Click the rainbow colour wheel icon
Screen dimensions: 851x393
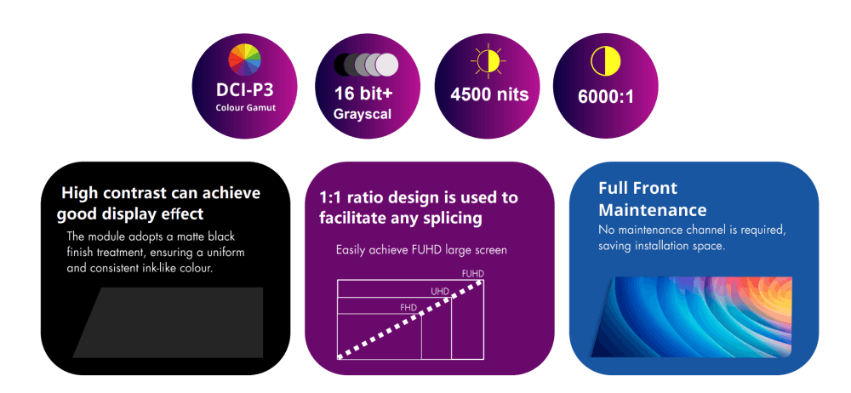(x=244, y=60)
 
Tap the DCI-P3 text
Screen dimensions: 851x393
(x=244, y=89)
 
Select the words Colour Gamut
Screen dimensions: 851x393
(x=245, y=107)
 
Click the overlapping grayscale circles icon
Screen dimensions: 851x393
(x=366, y=64)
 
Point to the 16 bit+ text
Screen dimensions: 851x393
(x=363, y=93)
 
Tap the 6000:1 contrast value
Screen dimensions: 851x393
(x=605, y=96)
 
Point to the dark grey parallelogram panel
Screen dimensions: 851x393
(x=168, y=322)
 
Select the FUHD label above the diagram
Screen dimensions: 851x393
(x=472, y=274)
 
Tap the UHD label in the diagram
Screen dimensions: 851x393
(x=440, y=292)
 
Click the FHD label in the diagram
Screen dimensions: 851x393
(x=408, y=308)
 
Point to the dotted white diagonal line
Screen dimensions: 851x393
(x=410, y=319)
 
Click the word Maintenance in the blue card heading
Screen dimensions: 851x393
(x=653, y=210)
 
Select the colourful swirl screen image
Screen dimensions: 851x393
(x=691, y=317)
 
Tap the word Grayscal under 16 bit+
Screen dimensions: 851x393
(x=362, y=115)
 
